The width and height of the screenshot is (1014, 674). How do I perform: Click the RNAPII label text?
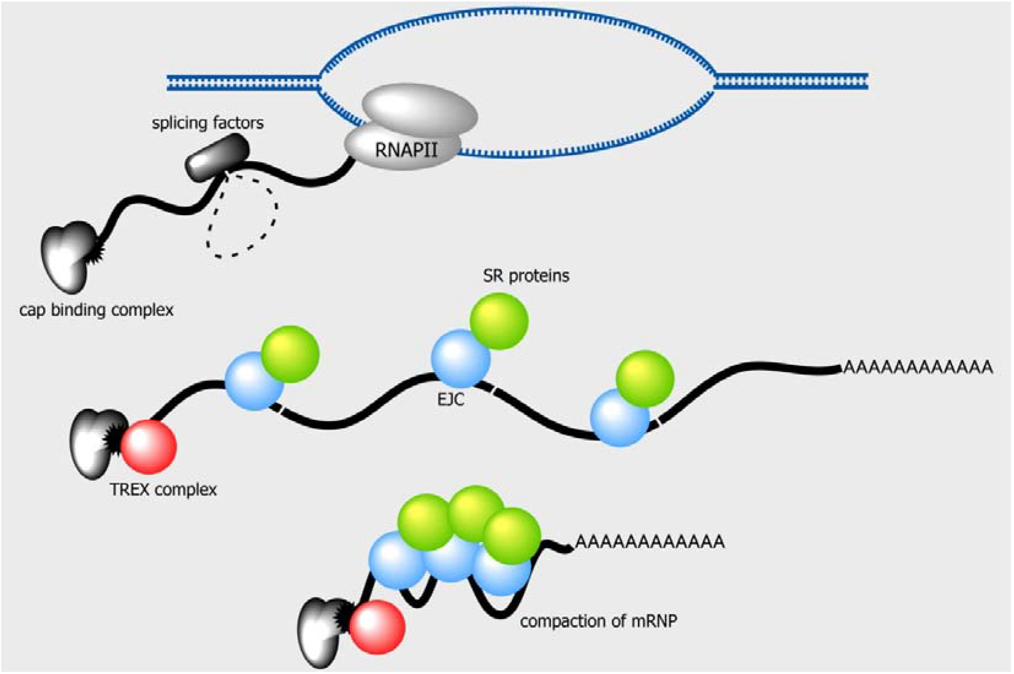pyautogui.click(x=406, y=150)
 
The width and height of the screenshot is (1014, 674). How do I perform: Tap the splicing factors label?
pyautogui.click(x=207, y=123)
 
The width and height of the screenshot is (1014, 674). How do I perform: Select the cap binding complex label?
pyautogui.click(x=96, y=310)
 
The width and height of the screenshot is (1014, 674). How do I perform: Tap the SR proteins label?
pyautogui.click(x=526, y=275)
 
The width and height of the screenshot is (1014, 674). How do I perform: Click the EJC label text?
pyautogui.click(x=451, y=400)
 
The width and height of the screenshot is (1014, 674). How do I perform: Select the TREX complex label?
pyautogui.click(x=163, y=490)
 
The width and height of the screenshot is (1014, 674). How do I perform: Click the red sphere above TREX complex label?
pyautogui.click(x=148, y=447)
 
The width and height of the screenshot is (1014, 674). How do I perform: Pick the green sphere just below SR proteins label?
pyautogui.click(x=499, y=321)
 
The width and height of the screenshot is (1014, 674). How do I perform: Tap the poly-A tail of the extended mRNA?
pyautogui.click(x=918, y=368)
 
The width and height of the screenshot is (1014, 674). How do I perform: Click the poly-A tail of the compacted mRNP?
pyautogui.click(x=650, y=542)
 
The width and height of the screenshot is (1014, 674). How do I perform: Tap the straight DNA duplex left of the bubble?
pyautogui.click(x=243, y=82)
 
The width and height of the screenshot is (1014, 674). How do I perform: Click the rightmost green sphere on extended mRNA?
pyautogui.click(x=644, y=379)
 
